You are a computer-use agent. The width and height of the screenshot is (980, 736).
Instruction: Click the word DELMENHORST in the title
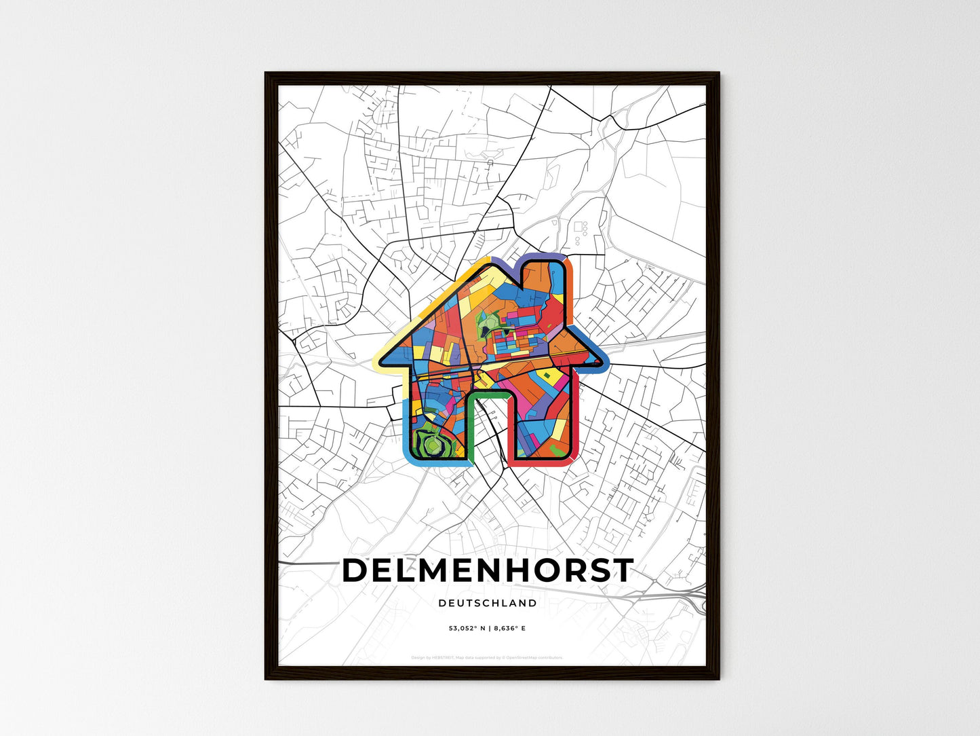[487, 571]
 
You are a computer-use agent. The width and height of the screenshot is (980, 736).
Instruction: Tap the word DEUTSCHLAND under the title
[487, 603]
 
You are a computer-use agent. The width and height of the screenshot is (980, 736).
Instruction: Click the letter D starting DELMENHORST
[355, 571]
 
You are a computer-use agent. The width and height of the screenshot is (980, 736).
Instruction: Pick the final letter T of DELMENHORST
[622, 571]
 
